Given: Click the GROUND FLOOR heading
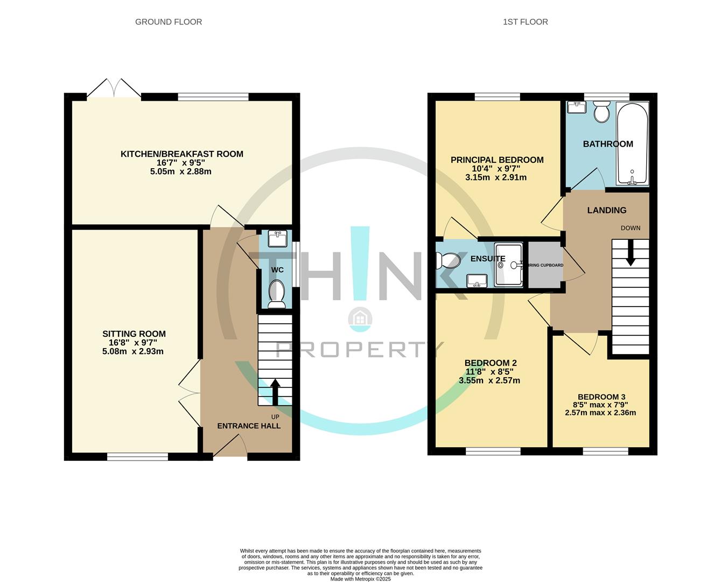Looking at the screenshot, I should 169,22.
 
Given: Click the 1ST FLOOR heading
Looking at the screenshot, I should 525,22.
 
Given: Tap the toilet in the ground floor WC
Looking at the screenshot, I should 277,293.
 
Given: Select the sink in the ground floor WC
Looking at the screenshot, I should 277,239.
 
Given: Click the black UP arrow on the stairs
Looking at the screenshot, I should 275,392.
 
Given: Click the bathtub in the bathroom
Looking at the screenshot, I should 633,144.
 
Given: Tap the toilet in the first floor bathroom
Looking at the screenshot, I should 601,113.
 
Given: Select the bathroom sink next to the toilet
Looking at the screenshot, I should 577,107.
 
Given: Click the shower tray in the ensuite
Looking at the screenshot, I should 508,265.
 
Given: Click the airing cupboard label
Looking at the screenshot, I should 545,265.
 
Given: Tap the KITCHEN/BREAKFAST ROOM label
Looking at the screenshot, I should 181,154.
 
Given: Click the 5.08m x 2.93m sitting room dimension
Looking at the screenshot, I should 134,351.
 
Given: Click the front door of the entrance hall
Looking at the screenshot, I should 230,447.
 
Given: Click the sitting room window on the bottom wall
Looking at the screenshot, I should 137,457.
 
